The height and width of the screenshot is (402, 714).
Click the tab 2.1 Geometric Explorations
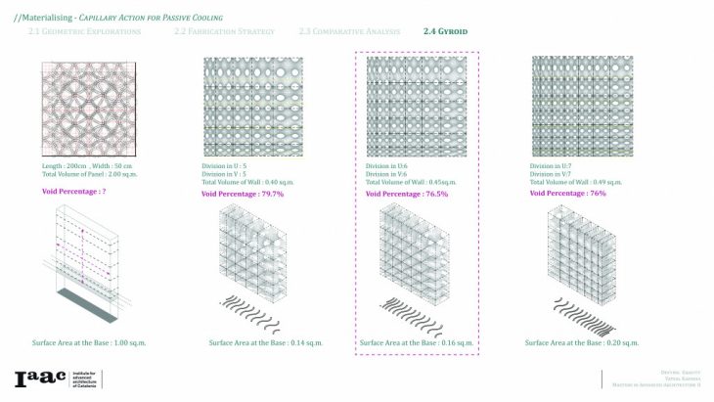[x=84, y=32]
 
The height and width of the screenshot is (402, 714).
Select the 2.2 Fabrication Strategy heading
[x=224, y=32]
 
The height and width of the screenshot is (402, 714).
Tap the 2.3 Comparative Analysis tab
[x=350, y=32]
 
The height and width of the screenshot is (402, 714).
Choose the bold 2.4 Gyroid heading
[x=445, y=32]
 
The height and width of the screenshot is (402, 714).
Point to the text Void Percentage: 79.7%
[x=243, y=194]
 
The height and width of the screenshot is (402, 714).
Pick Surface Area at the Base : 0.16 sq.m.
[x=416, y=342]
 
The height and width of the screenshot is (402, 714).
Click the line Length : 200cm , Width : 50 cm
[x=89, y=166]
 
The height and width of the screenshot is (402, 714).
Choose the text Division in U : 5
[x=223, y=166]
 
